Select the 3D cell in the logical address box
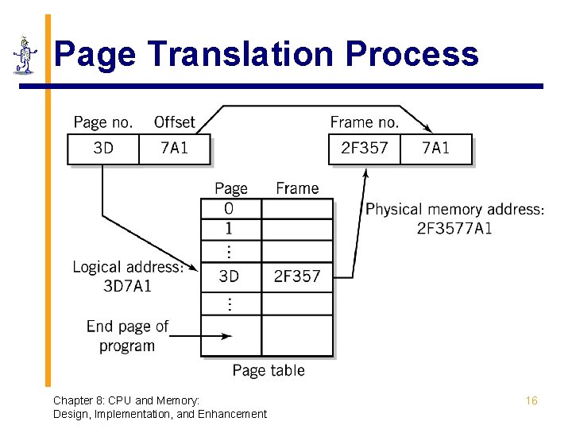point(103,149)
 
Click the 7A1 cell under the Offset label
point(175,149)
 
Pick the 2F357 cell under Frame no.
point(364,149)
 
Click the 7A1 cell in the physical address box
point(435,149)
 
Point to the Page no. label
point(103,122)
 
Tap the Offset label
point(174,122)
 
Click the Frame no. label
point(365,122)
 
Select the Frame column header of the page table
point(297,188)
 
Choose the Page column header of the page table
point(231,188)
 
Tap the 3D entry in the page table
point(230,276)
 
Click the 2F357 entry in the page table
point(297,276)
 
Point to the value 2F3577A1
point(454,229)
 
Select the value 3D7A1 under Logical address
point(128,286)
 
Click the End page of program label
point(127,336)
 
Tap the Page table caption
point(269,370)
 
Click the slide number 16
point(531,401)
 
